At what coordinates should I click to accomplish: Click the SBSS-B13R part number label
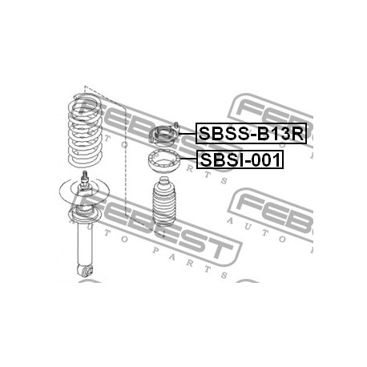[x=251, y=133]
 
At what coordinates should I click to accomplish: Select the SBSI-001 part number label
[x=240, y=159]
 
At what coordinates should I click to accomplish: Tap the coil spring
[x=85, y=131]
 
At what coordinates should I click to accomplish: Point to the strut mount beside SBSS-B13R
[x=163, y=135]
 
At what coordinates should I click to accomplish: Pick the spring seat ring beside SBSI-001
[x=164, y=161]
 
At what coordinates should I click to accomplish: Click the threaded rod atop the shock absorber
[x=85, y=177]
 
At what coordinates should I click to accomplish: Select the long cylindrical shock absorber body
[x=85, y=245]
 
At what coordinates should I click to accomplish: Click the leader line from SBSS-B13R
[x=187, y=133]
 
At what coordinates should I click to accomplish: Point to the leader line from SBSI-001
[x=188, y=159]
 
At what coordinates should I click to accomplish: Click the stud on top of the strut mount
[x=176, y=125]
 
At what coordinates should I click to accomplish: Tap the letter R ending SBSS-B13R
[x=297, y=134]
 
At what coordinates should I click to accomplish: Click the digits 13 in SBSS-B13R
[x=280, y=134]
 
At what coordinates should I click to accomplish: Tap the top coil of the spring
[x=85, y=103]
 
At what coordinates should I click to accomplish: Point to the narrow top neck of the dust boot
[x=164, y=180]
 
